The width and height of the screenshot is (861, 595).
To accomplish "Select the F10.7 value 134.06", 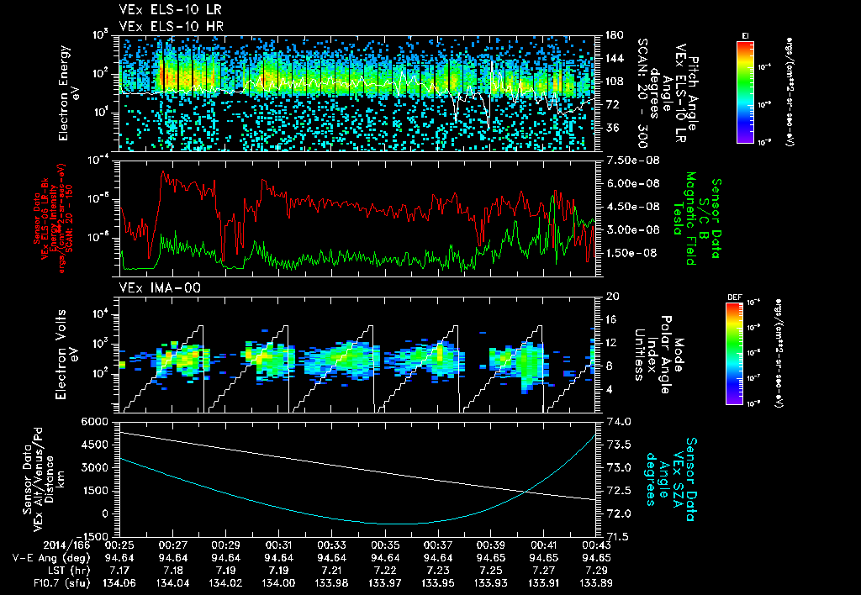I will click(x=122, y=581).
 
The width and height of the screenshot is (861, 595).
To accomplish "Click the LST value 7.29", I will click(x=597, y=569).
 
